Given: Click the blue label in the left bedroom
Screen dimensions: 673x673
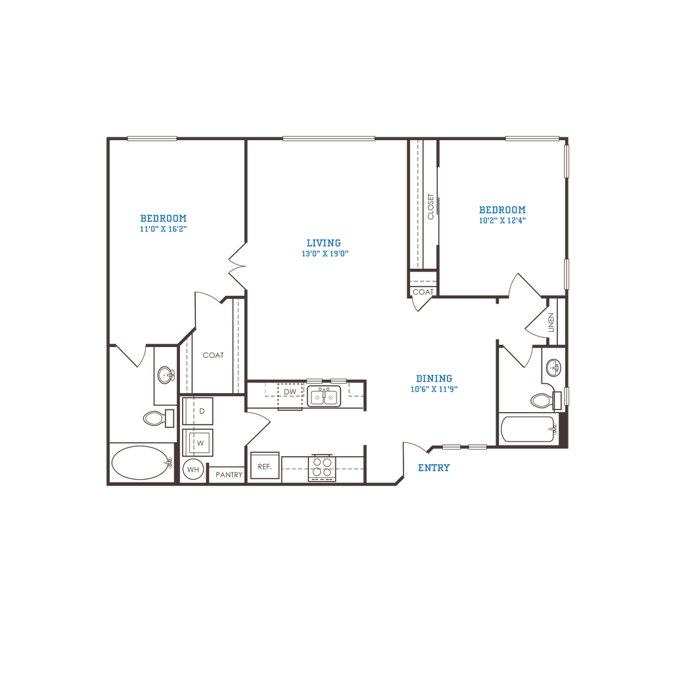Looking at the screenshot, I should (164, 223).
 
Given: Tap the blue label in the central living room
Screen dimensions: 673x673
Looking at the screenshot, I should (325, 246).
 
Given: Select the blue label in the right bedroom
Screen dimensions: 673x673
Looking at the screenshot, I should (503, 214).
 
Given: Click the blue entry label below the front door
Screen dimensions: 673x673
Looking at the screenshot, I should (434, 469).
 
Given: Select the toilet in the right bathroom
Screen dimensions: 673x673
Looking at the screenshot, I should (543, 398).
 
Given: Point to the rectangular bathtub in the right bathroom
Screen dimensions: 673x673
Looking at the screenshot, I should (528, 430).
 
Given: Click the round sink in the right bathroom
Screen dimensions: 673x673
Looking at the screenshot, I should (554, 367).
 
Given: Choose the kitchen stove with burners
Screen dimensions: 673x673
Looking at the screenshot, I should (323, 469).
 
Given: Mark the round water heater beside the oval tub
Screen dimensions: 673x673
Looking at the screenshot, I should (193, 470).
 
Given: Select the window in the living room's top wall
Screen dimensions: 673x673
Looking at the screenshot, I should (329, 138).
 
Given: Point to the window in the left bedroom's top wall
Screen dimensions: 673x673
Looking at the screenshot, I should (152, 138).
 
